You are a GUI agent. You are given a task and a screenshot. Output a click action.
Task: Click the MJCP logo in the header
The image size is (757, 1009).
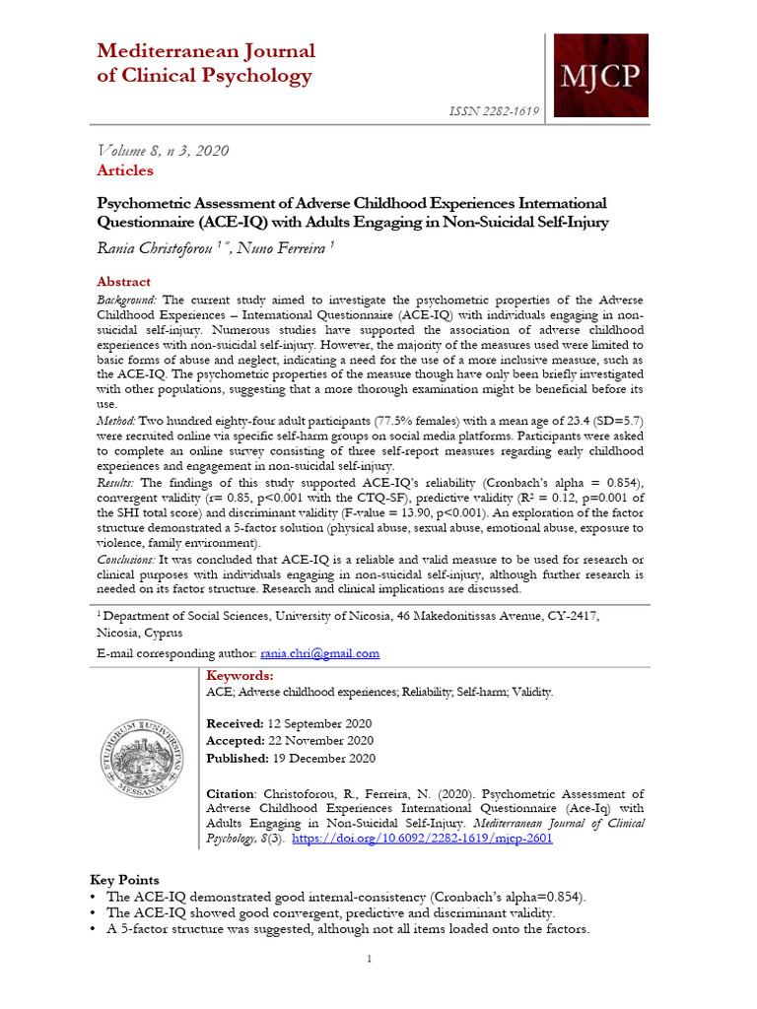[598, 76]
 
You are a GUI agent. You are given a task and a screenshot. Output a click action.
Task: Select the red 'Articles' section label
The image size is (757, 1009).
[125, 170]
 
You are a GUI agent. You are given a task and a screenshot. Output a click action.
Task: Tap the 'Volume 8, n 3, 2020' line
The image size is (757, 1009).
[163, 151]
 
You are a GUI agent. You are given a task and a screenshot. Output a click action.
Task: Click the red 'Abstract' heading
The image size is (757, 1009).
[124, 281]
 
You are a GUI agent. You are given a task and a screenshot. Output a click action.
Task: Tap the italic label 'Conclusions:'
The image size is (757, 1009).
[127, 559]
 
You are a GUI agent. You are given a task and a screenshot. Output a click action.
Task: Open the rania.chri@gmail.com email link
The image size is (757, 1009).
[319, 653]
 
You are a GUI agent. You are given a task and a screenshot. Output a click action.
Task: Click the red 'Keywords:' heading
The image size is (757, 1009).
[240, 675]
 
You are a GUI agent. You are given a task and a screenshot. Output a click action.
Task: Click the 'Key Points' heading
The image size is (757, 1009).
[124, 879]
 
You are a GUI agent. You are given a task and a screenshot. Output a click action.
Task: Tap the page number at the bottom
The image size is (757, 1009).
[369, 959]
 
